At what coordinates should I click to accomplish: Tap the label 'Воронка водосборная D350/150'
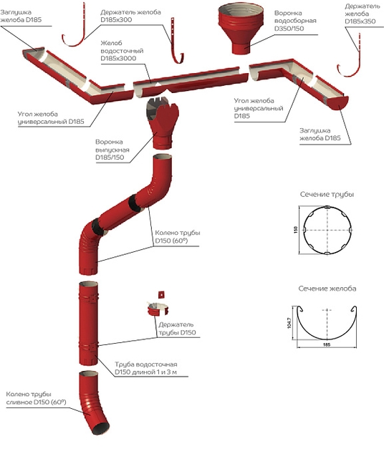point(295,21)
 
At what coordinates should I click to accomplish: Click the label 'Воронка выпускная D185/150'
point(112,150)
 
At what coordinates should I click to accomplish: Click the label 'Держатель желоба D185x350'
point(363,14)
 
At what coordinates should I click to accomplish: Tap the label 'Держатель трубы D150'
point(177,329)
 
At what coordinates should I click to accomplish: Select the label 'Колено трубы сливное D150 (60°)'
point(36,398)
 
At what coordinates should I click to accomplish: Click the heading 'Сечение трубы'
point(327,194)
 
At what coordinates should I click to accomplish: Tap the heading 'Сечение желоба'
point(327,289)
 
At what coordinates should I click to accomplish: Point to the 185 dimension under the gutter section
point(327,344)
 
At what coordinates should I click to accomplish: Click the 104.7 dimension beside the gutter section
point(289,323)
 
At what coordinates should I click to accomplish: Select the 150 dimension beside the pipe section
point(295,230)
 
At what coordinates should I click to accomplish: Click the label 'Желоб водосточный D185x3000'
point(122,51)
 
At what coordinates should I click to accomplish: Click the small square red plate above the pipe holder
point(161,294)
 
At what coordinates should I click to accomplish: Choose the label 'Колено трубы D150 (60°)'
point(178,237)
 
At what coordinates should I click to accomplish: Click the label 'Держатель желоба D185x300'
point(130,16)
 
